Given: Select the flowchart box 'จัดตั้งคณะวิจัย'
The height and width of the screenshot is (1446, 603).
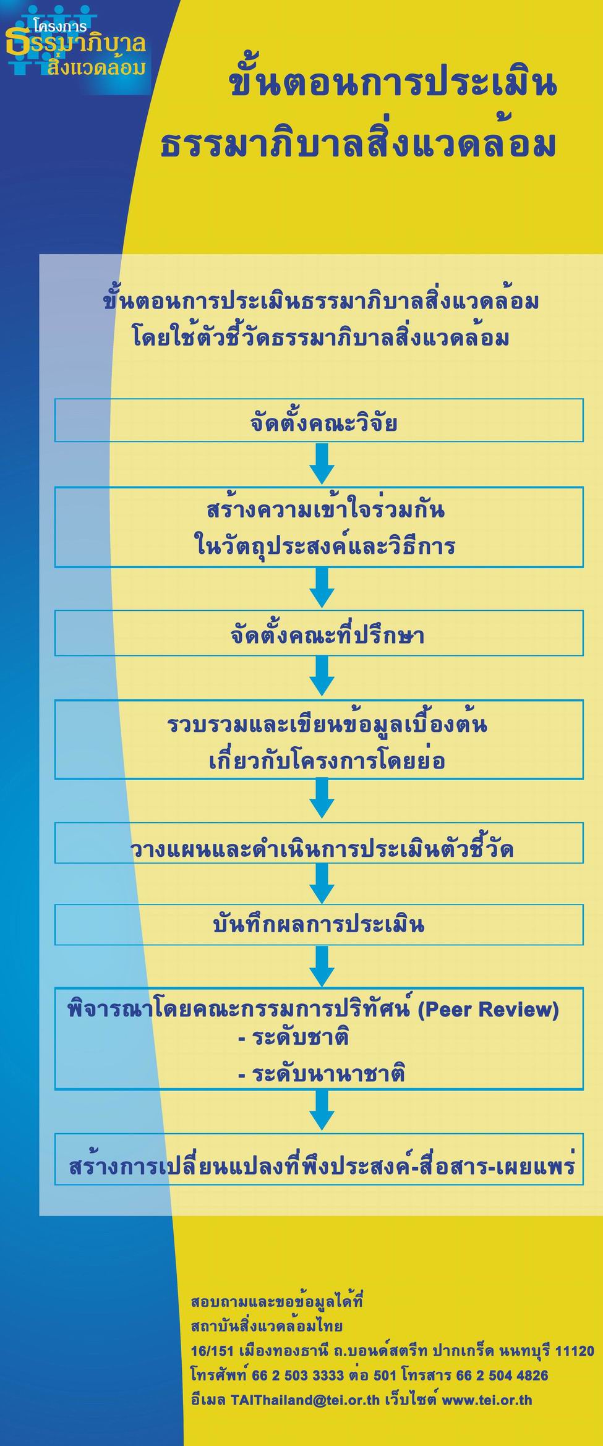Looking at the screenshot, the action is coord(319,420).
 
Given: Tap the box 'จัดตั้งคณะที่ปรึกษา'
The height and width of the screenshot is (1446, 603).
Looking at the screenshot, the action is coord(319,633).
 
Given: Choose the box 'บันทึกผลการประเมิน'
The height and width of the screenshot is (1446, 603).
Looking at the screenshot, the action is coord(319,925).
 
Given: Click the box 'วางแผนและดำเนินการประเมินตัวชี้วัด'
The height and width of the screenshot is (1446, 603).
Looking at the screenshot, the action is coord(319,843).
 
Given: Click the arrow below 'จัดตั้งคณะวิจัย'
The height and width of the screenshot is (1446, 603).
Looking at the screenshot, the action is coord(322,464).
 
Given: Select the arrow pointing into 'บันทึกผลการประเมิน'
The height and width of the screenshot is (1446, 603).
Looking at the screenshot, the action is coord(322,883).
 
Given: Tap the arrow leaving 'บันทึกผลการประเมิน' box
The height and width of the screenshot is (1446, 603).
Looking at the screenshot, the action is coord(322,966).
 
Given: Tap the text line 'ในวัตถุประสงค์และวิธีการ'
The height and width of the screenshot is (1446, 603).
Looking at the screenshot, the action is coord(325,545).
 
